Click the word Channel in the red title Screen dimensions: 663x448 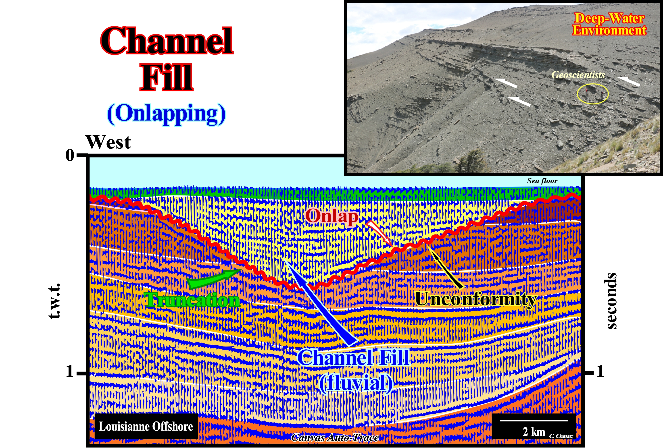coord(167,41)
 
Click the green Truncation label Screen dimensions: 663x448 coord(192,300)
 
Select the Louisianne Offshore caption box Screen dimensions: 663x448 coord(146,426)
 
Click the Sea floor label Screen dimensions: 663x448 coord(542,181)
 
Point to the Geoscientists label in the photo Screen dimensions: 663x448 coord(578,75)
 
